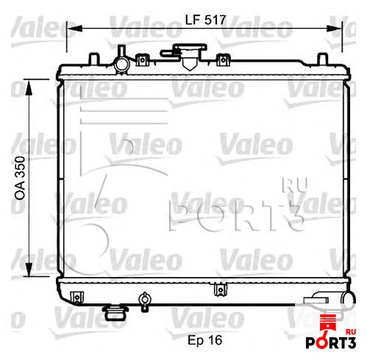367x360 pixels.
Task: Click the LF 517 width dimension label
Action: click(x=205, y=20)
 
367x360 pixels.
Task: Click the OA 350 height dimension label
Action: click(x=20, y=178)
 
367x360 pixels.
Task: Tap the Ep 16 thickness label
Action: click(x=205, y=340)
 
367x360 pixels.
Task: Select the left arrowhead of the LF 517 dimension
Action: click(x=74, y=29)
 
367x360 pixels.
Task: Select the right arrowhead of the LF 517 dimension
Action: click(x=334, y=29)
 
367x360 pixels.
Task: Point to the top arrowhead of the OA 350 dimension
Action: click(x=29, y=87)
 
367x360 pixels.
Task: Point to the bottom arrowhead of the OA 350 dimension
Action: click(x=29, y=270)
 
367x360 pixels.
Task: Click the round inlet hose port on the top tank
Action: click(x=121, y=64)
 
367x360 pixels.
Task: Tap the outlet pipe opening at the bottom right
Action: click(x=348, y=300)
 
